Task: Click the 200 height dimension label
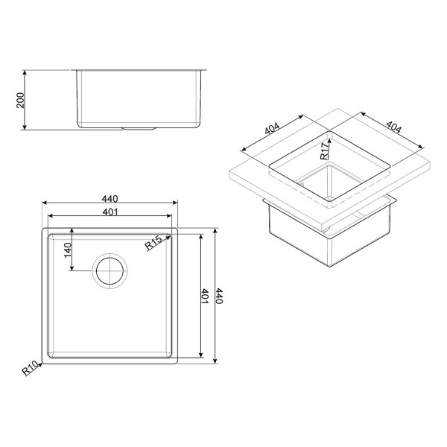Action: pos(21,100)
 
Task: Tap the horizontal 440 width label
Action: pos(110,199)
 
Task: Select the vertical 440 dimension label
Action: pos(218,296)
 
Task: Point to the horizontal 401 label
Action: pos(110,212)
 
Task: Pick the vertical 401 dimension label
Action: pos(205,297)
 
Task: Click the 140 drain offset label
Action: pos(68,250)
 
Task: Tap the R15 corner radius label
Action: pos(153,242)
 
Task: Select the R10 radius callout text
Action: pos(30,368)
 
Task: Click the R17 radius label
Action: pos(324,151)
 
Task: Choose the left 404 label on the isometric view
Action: pos(272,128)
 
